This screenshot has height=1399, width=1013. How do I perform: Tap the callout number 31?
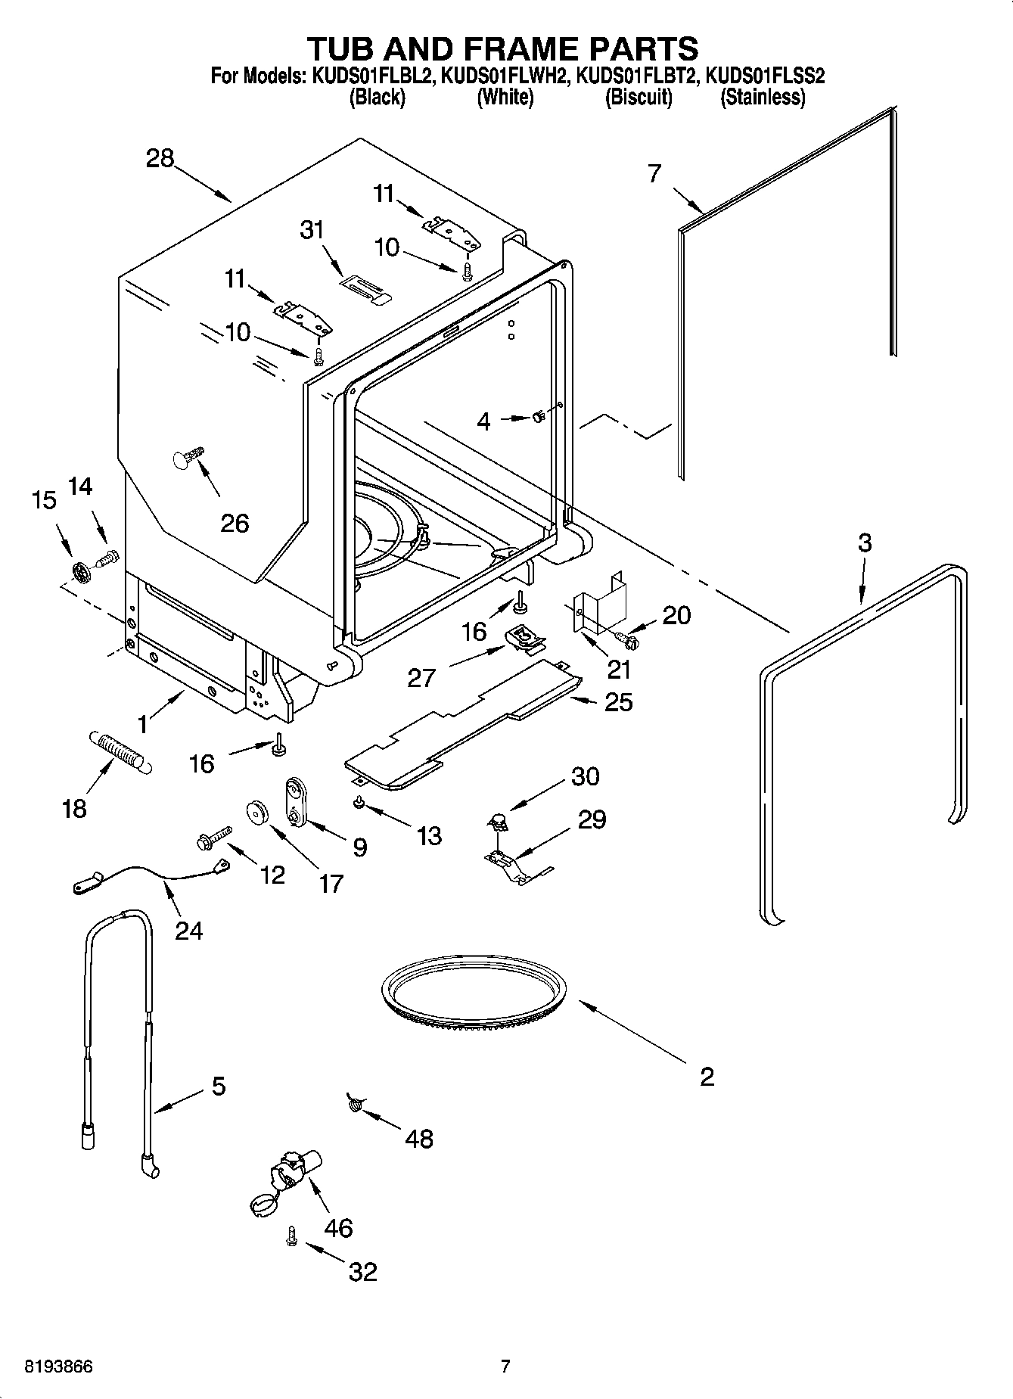click(312, 230)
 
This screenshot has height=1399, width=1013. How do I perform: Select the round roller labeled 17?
click(259, 813)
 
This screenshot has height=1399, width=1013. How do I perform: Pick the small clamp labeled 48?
click(353, 1105)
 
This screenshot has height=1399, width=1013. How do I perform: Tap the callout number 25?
click(619, 702)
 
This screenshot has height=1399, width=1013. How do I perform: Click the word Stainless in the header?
click(762, 97)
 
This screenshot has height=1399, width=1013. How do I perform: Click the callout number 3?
click(865, 543)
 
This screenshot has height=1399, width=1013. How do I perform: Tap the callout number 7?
click(654, 173)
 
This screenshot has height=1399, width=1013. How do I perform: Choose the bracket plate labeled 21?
click(599, 597)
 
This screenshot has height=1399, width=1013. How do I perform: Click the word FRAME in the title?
click(508, 48)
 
